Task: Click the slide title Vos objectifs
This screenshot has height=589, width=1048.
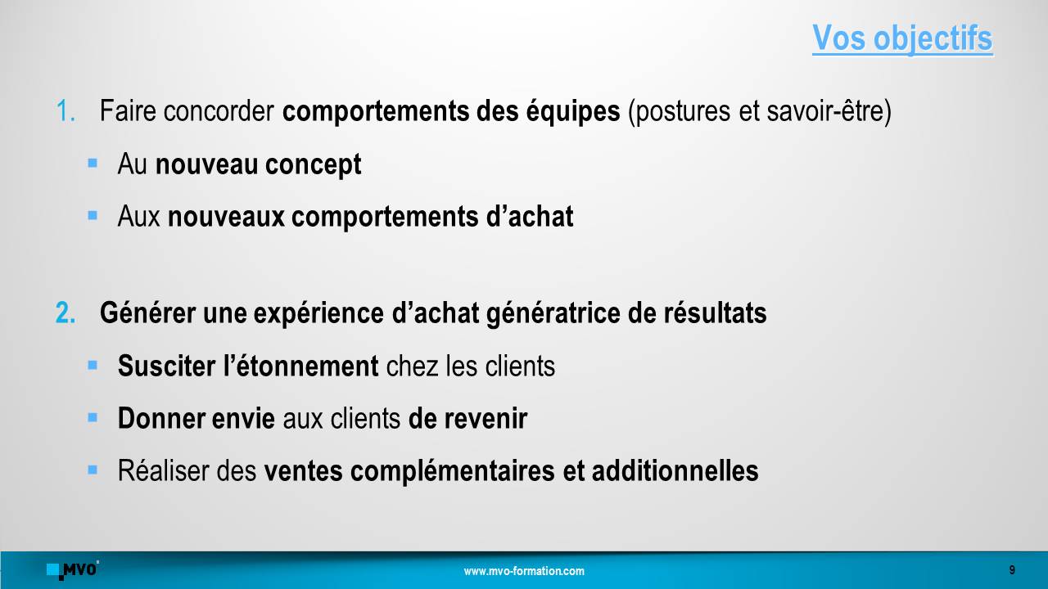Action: (x=902, y=38)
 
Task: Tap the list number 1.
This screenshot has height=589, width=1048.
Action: (x=65, y=111)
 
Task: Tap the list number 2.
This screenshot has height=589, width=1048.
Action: (x=65, y=312)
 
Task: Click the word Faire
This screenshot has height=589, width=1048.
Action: (x=127, y=111)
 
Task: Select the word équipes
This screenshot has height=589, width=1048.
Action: (x=572, y=112)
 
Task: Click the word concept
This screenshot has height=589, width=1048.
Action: (x=313, y=165)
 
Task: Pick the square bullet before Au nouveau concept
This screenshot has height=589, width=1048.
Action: (x=93, y=163)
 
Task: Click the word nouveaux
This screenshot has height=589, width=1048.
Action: (x=226, y=217)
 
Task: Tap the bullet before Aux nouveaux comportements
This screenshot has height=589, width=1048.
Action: (x=93, y=215)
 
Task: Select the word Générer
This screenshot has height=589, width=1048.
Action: (x=147, y=312)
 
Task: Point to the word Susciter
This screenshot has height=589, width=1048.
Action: (x=166, y=366)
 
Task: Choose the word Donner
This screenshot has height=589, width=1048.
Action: (x=161, y=418)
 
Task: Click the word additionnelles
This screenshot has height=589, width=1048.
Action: (x=675, y=470)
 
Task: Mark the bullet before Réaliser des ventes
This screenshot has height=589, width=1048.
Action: (x=93, y=470)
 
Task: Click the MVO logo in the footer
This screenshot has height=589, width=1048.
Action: (x=73, y=570)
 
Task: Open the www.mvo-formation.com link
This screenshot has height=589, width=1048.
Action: (x=524, y=571)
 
